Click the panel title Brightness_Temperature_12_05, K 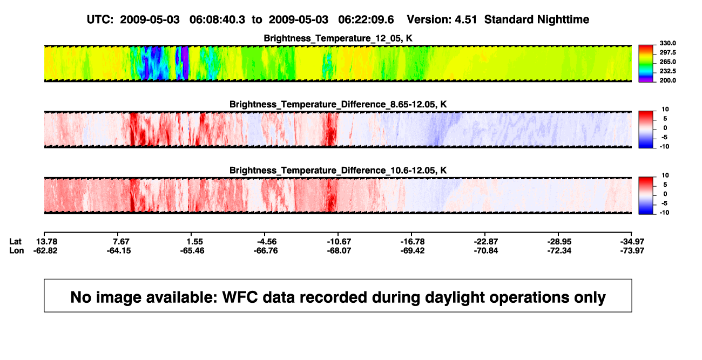coord(338,38)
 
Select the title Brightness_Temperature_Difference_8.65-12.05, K coord(338,104)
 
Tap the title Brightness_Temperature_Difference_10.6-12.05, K coord(338,171)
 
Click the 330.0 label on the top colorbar coord(667,43)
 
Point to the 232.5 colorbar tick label coord(667,71)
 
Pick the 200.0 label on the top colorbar coord(667,80)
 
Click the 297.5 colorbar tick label coord(667,52)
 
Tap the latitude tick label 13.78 coord(46,242)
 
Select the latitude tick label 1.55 coord(194,242)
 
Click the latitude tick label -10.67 coord(339,242)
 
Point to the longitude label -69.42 coord(413,250)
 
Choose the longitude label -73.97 coord(632,250)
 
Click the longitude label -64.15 coord(119,250)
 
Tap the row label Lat coord(15,242)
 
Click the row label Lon coord(17,250)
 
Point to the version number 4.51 coord(465,20)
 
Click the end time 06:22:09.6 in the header coord(366,20)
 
